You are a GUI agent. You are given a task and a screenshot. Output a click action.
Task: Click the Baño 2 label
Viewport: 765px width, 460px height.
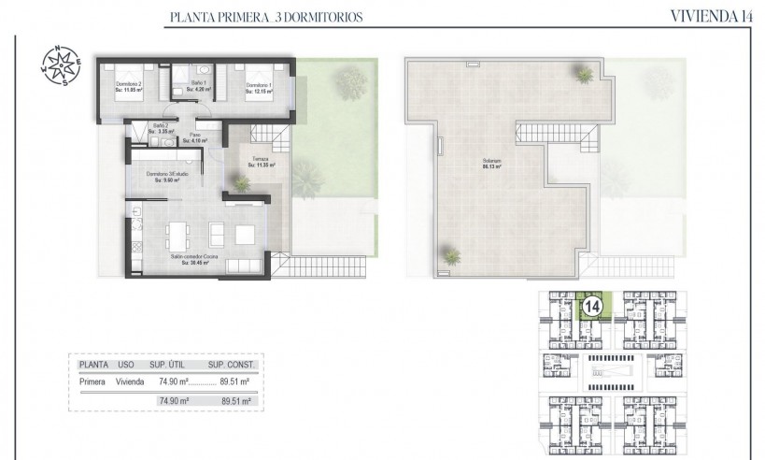(160, 129)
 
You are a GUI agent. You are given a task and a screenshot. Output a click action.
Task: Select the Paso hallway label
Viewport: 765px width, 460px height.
(196, 137)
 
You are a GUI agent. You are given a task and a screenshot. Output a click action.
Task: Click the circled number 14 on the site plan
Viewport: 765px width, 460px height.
(591, 305)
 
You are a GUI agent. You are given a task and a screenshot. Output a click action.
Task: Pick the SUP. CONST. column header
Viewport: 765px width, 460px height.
(230, 365)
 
